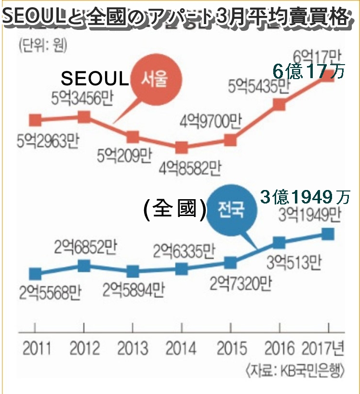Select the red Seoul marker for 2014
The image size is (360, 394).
click(181, 147)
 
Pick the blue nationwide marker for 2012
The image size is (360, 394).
click(83, 265)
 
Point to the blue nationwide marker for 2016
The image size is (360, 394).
click(279, 243)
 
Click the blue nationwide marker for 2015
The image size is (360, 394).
click(230, 263)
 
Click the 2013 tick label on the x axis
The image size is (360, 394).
click(133, 348)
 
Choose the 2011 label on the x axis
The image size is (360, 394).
click(36, 348)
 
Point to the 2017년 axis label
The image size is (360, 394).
click(324, 348)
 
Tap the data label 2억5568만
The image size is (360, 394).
click(48, 291)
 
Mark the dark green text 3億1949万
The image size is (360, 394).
click(305, 196)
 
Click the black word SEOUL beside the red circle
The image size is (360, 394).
click(95, 79)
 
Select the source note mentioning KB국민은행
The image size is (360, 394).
click(294, 371)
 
